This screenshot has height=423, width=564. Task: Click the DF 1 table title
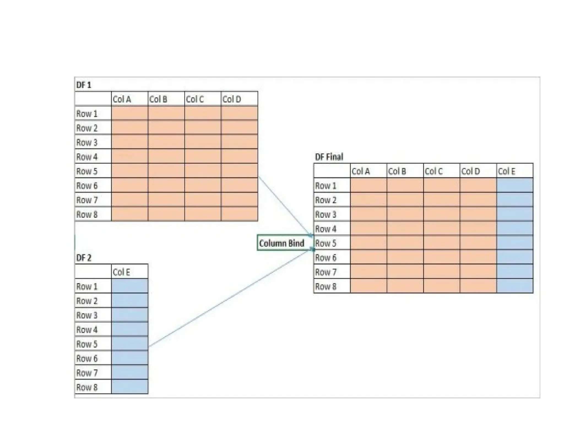click(x=83, y=85)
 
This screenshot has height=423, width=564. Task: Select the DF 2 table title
click(x=83, y=258)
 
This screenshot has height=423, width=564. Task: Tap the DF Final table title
click(x=329, y=157)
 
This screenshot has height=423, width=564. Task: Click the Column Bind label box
click(x=282, y=243)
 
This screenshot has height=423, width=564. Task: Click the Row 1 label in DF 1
click(x=87, y=114)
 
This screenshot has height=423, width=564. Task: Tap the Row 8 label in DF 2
click(x=87, y=387)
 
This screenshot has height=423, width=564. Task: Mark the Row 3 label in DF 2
click(x=87, y=315)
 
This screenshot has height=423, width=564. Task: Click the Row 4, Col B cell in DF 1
click(x=166, y=156)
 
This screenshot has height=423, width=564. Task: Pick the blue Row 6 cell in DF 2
click(x=129, y=358)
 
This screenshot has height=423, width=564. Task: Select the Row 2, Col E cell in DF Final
click(x=515, y=200)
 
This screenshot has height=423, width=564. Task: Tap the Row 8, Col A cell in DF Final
click(x=368, y=286)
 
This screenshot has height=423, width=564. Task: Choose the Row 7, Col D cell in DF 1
click(x=239, y=200)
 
